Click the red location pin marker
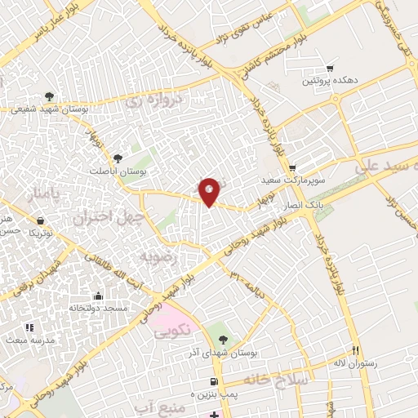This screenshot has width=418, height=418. (x=210, y=193)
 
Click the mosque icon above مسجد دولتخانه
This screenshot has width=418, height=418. (x=99, y=296)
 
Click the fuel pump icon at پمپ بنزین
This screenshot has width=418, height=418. (x=214, y=381)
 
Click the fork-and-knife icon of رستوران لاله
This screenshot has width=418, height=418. (x=355, y=349)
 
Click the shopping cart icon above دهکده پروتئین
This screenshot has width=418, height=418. (x=330, y=69)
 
